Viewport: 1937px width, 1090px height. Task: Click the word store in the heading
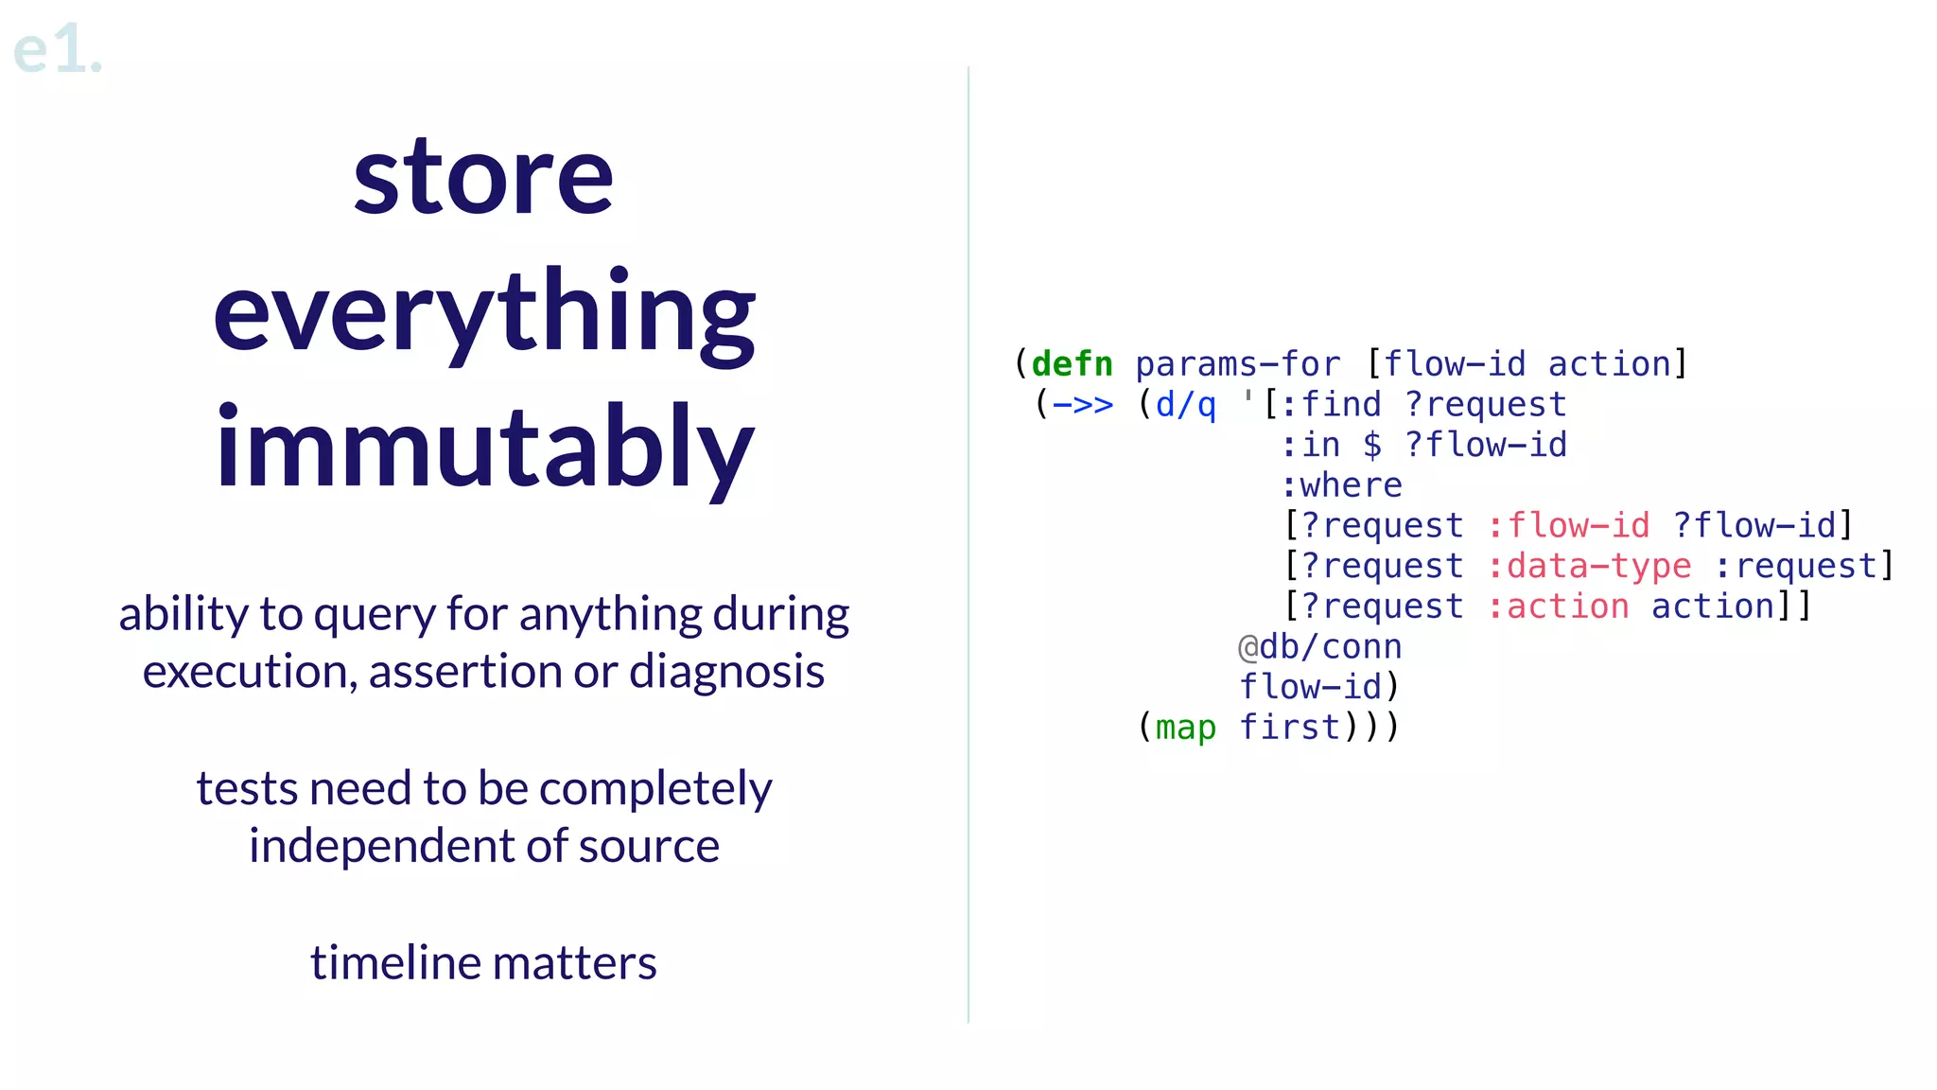(x=483, y=177)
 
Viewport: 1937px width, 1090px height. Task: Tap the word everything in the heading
(x=483, y=314)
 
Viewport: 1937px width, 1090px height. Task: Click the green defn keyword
(x=1072, y=364)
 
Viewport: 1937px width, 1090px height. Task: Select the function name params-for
(x=1237, y=364)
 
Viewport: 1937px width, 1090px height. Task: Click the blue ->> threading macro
(x=1082, y=405)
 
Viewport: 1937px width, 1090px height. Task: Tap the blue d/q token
(x=1185, y=405)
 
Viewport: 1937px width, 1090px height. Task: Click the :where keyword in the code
(x=1341, y=485)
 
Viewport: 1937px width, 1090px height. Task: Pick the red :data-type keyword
(x=1589, y=566)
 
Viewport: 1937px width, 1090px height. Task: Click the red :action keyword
(x=1558, y=607)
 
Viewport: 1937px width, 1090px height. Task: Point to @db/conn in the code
(x=1319, y=647)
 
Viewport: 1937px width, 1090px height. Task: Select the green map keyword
(x=1185, y=728)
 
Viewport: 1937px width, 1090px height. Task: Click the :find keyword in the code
(x=1331, y=405)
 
